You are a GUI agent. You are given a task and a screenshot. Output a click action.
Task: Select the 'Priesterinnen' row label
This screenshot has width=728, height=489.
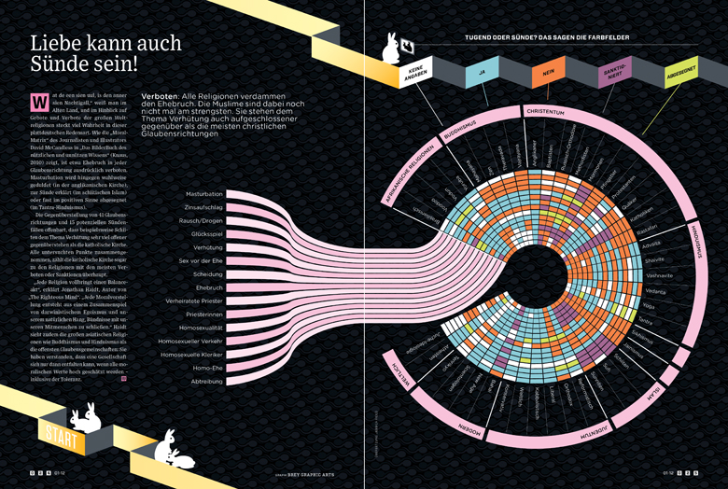pos(203,314)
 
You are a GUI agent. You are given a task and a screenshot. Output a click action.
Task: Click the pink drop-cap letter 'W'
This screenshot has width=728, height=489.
pos(38,100)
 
